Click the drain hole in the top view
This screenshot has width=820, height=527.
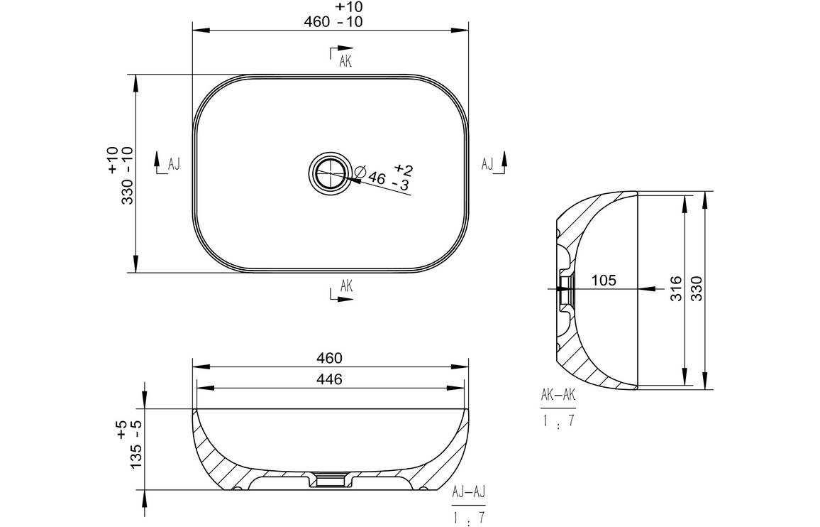[330, 173]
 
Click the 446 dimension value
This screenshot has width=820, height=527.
[329, 379]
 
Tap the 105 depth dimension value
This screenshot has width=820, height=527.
[604, 281]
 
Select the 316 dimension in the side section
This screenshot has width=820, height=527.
[676, 288]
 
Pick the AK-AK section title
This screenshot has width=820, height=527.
[558, 395]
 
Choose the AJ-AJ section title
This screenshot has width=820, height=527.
[469, 492]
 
